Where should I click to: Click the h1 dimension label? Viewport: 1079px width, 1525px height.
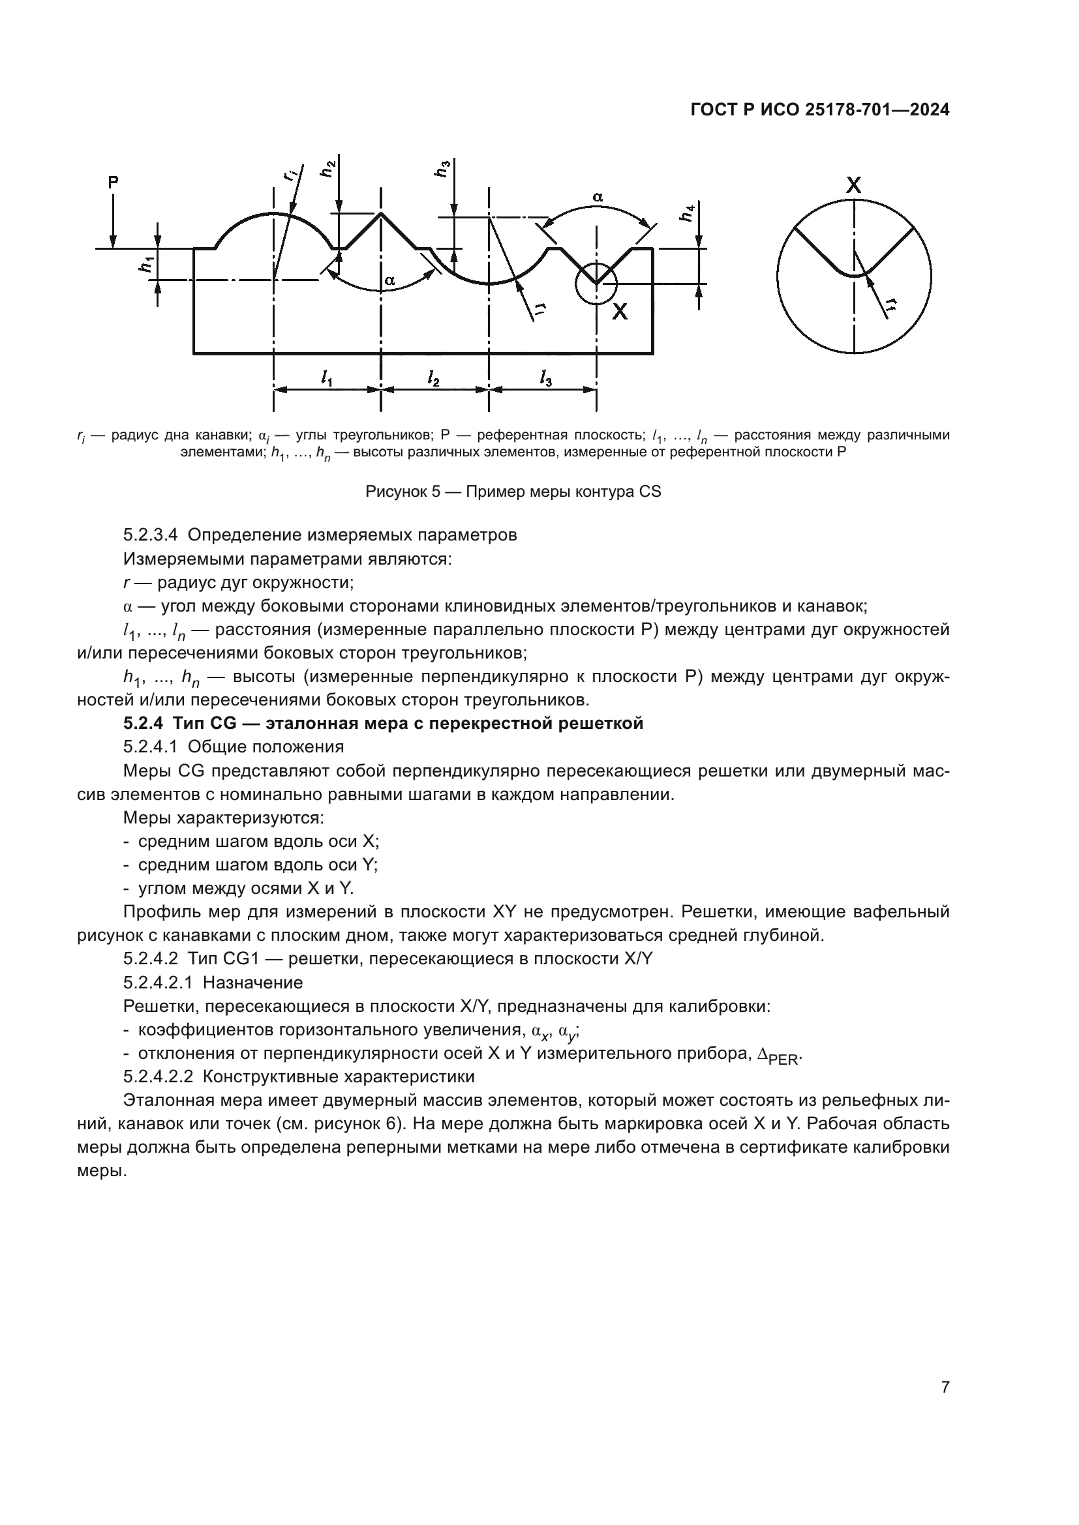point(145,263)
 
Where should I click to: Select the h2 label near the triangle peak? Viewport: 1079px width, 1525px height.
point(327,169)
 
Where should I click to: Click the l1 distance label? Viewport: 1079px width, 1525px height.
point(326,379)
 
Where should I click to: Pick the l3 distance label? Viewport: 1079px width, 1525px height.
point(545,379)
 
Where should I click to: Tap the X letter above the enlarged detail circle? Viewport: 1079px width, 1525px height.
point(854,185)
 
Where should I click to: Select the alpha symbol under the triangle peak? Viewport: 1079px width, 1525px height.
point(390,281)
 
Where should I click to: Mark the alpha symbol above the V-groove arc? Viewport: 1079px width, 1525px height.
point(598,197)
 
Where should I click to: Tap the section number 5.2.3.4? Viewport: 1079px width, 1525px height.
point(151,535)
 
